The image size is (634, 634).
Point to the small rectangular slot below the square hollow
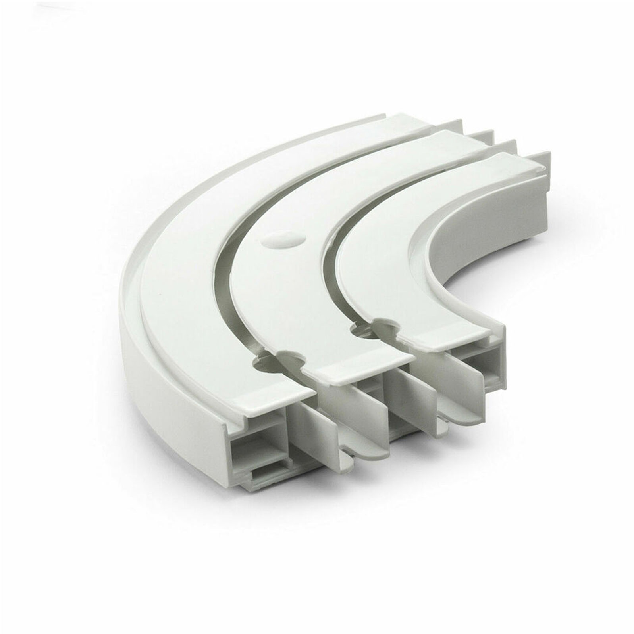pos(274,474)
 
